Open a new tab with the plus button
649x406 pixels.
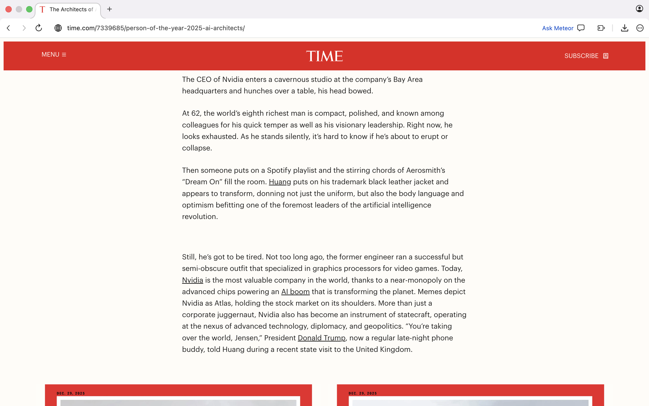point(110,9)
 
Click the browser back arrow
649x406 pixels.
point(9,28)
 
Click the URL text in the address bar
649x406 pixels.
point(155,28)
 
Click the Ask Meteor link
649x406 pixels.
point(558,28)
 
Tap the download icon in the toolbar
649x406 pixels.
point(624,28)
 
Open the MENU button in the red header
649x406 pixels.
point(54,55)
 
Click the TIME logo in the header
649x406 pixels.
point(324,56)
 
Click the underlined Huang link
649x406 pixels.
point(280,182)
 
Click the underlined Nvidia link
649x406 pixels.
point(192,280)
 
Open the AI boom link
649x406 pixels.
point(295,292)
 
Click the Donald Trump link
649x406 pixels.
point(322,338)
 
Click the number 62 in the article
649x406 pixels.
point(196,113)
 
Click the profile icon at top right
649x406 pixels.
point(639,9)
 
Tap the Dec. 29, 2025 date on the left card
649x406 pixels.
point(71,393)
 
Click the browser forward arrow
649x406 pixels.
point(24,28)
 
